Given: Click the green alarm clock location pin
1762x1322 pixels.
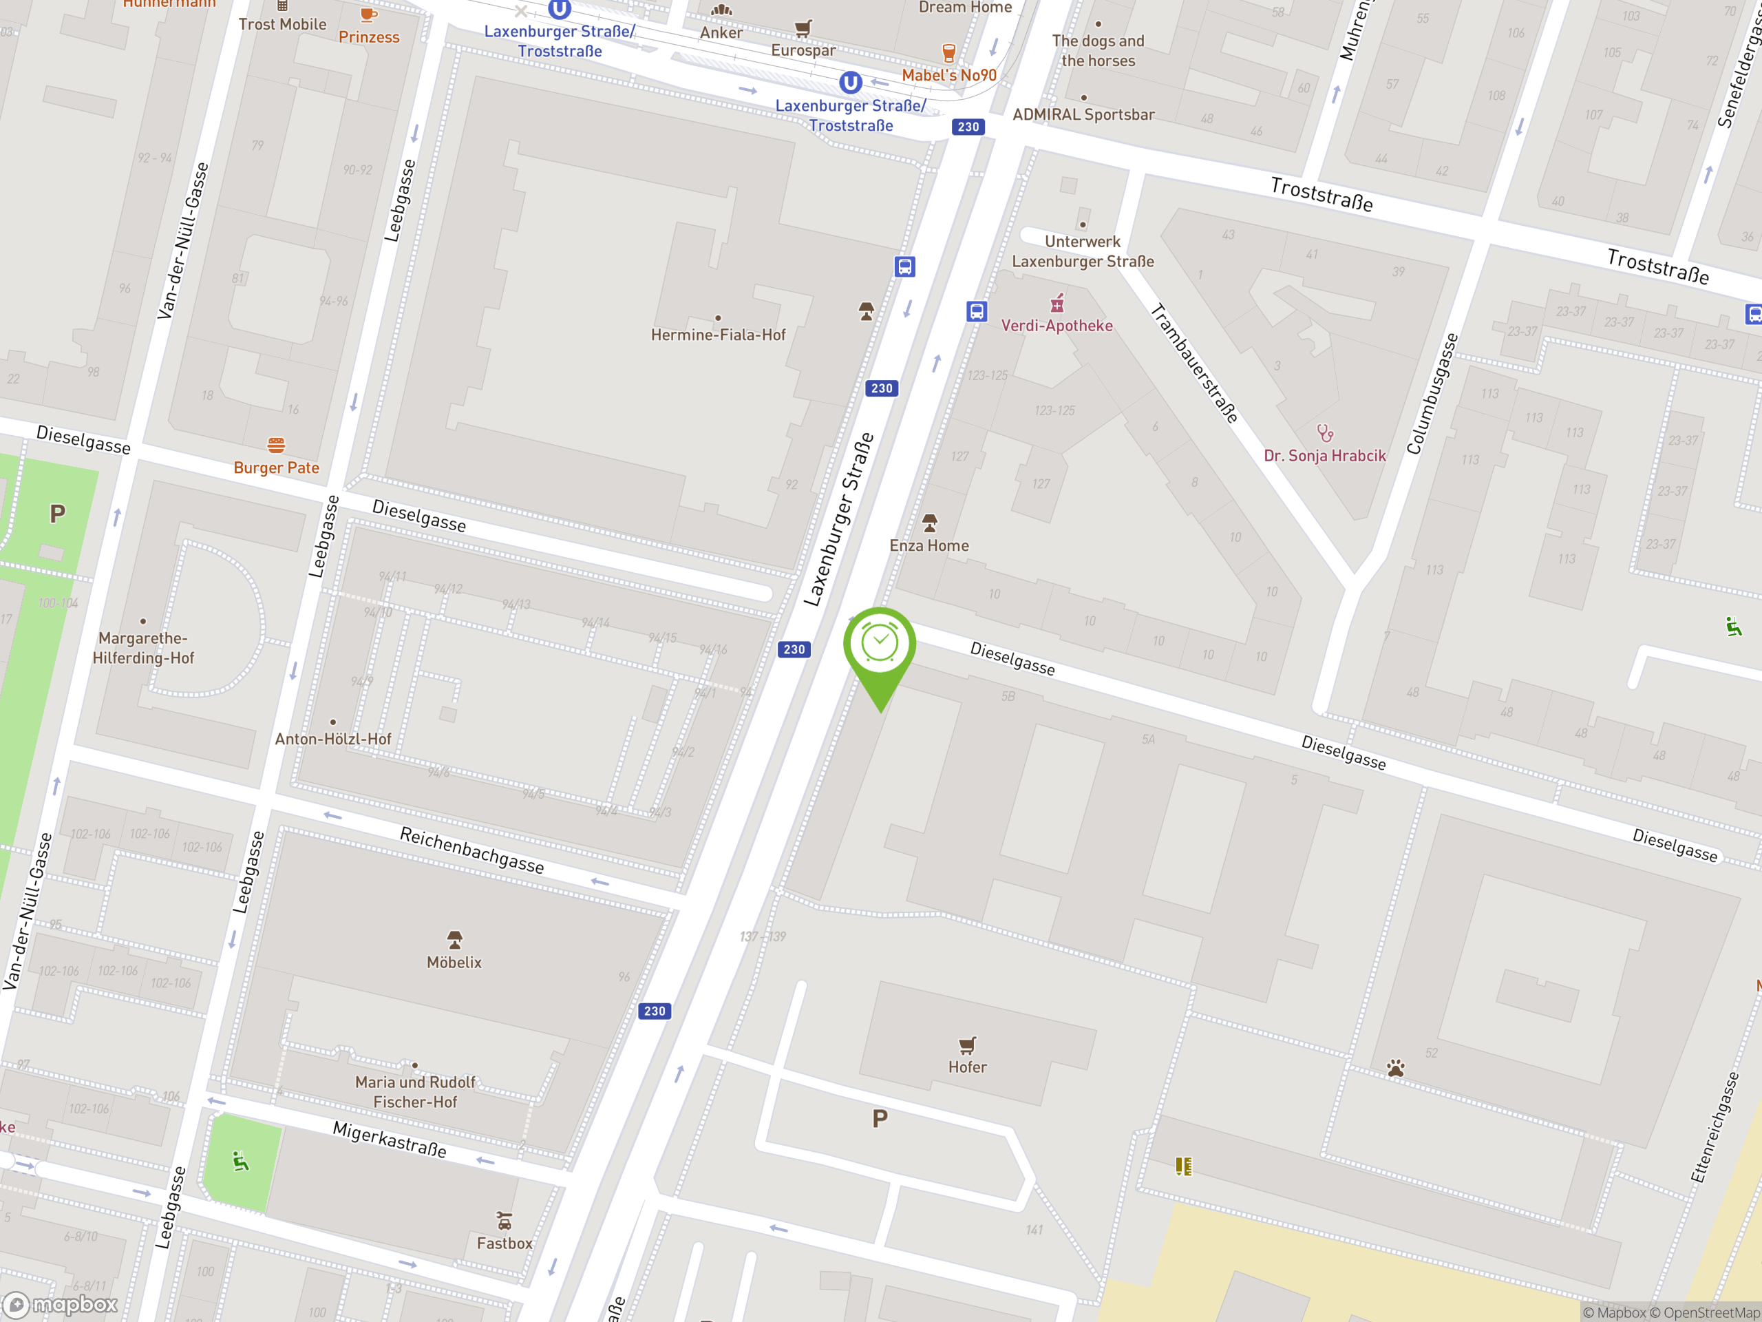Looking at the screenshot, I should click(x=880, y=645).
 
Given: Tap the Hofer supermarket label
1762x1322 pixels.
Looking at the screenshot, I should click(x=967, y=1067).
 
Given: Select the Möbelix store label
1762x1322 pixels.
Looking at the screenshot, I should click(x=454, y=962).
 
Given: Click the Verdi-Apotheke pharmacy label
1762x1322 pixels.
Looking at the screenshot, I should click(x=1057, y=325).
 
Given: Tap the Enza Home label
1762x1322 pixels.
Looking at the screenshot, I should click(x=928, y=545).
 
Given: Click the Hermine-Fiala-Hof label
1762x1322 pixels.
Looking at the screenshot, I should click(x=718, y=335).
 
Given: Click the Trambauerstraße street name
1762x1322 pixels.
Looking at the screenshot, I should click(x=1195, y=364).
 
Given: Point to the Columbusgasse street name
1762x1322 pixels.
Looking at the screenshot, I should click(x=1432, y=394).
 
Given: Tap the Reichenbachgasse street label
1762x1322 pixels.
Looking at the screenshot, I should click(x=471, y=850).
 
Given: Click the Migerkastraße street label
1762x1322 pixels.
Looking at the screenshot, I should click(x=389, y=1139).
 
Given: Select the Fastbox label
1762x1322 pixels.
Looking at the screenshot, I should click(x=505, y=1242).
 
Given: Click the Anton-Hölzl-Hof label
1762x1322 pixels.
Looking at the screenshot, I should click(x=333, y=739).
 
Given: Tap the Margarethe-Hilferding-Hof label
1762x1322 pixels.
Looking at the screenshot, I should click(x=143, y=647).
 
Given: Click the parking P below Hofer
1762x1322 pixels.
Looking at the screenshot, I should click(x=880, y=1119).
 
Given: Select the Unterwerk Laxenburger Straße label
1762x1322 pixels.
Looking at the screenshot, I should click(x=1083, y=251).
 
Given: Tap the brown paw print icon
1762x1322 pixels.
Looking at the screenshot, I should click(x=1396, y=1068).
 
